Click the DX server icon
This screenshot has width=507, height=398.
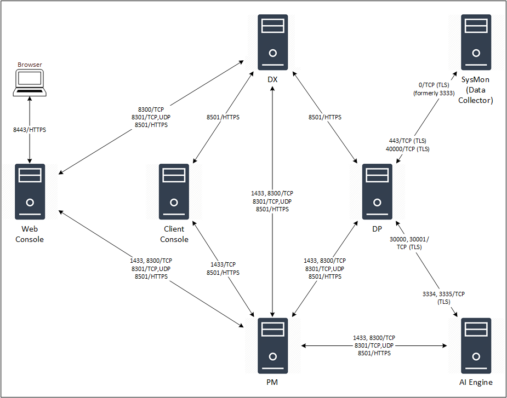pos(273,42)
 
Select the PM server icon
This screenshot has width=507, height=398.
pos(273,345)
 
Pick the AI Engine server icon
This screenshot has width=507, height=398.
pos(476,345)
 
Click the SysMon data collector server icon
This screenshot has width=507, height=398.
pos(476,42)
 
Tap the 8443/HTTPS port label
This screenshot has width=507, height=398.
pos(30,130)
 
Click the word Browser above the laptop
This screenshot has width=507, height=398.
pos(30,65)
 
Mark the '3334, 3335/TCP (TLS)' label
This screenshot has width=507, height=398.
pos(443,298)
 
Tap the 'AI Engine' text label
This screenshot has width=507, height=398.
pos(476,382)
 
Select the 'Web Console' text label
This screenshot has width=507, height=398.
pos(30,234)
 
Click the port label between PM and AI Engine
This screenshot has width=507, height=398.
pos(374,345)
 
